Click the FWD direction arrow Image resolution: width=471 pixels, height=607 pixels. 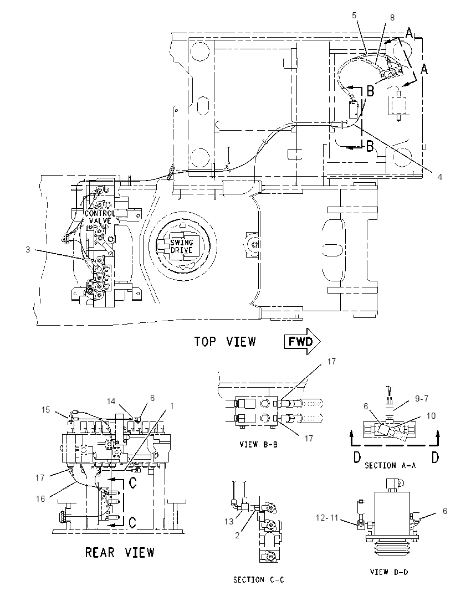pos(303,341)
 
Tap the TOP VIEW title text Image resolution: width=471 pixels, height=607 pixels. pos(225,342)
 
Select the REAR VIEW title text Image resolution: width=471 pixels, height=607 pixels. pos(120,552)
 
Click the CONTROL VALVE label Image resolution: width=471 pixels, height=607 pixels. pos(100,217)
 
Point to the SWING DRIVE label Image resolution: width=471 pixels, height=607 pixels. pos(182,246)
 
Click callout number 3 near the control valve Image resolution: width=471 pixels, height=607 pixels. pos(28,250)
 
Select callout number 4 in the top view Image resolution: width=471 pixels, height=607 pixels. pos(439,177)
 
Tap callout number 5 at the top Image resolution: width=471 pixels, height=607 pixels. pos(354,16)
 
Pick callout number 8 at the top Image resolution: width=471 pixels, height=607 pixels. pos(392,17)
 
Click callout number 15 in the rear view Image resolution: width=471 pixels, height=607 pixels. pos(45,410)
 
